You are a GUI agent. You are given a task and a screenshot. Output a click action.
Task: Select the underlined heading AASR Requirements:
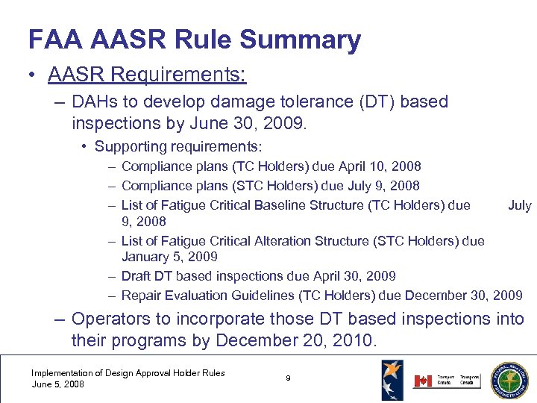[x=147, y=75]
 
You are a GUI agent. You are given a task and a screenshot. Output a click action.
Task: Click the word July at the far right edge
[x=519, y=204]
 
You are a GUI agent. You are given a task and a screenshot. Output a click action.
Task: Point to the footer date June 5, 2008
[x=58, y=384]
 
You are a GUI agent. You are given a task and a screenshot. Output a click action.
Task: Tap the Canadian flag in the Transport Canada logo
[x=422, y=380]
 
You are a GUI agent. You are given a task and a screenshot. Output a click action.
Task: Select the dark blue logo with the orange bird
[x=392, y=379]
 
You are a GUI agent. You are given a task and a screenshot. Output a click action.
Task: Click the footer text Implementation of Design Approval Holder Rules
[x=128, y=372]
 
